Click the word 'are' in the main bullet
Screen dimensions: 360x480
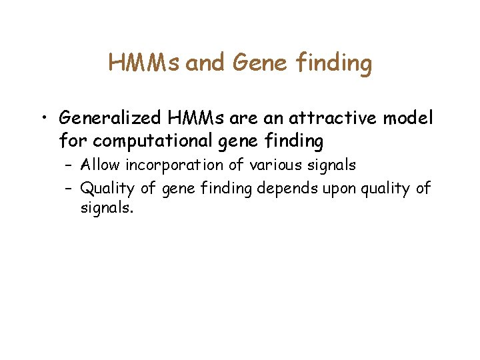point(237,119)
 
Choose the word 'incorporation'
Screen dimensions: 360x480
point(173,165)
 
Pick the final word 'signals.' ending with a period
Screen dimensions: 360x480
point(107,209)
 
